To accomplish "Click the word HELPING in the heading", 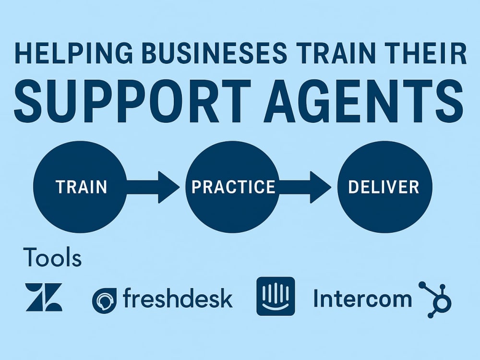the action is (x=74, y=53).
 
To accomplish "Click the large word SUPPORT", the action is (x=132, y=101).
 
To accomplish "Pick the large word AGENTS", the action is (x=364, y=101).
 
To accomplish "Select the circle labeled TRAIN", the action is (x=80, y=187).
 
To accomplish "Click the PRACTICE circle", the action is (x=233, y=187).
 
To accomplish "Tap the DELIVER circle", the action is (x=385, y=187).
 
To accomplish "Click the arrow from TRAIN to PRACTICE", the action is (x=153, y=187).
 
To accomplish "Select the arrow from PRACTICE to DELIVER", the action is (x=305, y=187).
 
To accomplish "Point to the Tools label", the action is (x=52, y=257).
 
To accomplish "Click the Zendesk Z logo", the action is (x=44, y=297).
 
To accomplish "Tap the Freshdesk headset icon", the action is (x=104, y=300).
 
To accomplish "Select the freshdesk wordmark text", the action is (x=178, y=298).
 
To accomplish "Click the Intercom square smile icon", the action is (x=276, y=296).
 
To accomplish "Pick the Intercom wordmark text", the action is (x=363, y=299).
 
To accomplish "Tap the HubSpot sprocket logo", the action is (x=435, y=300).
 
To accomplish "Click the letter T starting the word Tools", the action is (x=30, y=257).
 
